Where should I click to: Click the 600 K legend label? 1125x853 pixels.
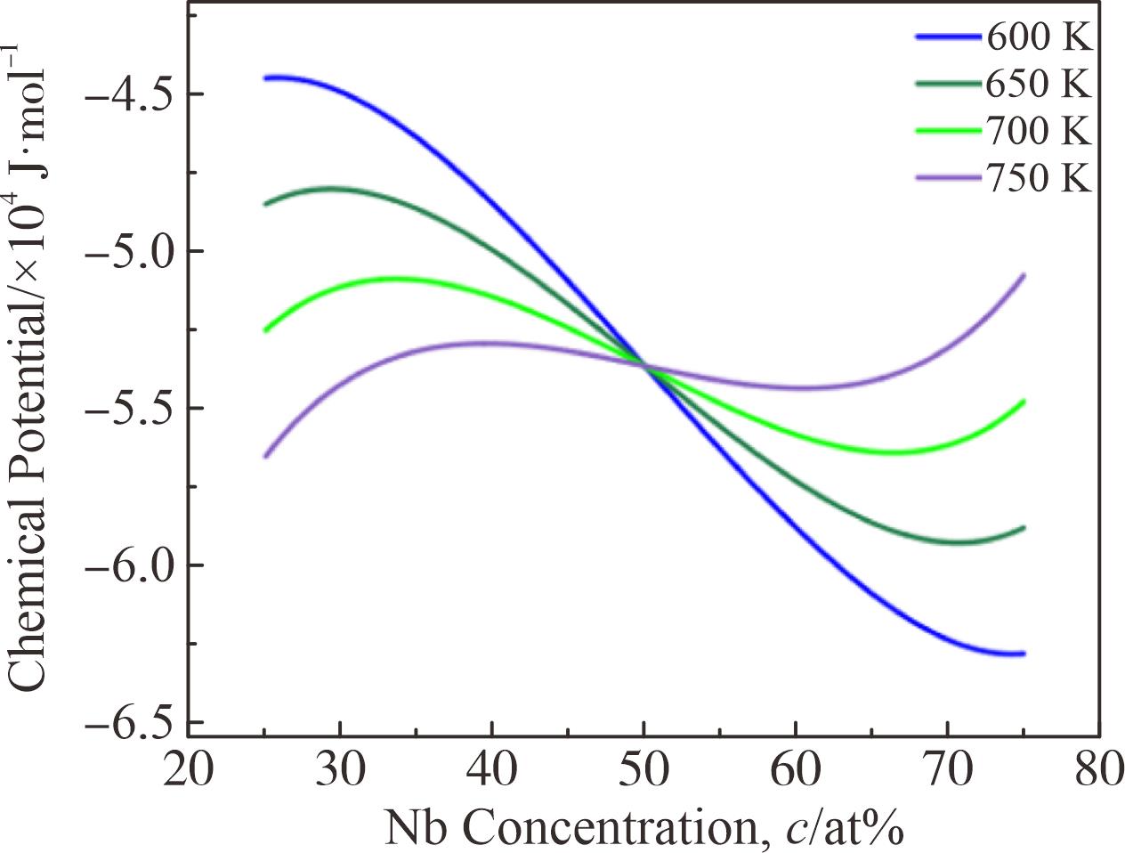point(1038,37)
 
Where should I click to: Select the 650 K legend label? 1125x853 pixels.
point(1038,85)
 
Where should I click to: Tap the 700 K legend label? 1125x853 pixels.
point(1038,132)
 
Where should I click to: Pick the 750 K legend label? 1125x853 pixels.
point(1038,179)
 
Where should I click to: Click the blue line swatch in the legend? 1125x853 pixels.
point(947,37)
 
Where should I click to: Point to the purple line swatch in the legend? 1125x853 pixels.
point(947,179)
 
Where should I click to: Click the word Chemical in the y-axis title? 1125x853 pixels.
point(28,605)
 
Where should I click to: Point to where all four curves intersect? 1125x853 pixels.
point(643,365)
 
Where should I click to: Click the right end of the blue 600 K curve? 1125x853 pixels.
point(1024,654)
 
